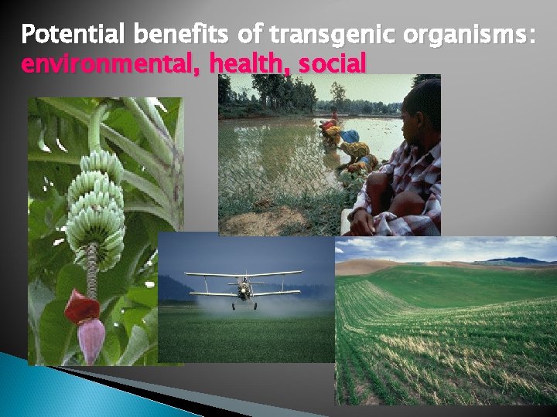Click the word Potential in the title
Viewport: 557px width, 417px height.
[x=74, y=35]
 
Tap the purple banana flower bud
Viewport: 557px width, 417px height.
[x=91, y=341]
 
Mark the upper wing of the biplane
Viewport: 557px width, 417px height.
[x=244, y=274]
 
